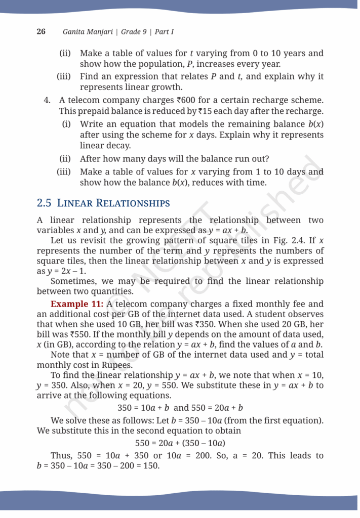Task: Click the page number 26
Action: (41, 31)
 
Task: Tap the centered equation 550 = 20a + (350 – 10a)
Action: (180, 443)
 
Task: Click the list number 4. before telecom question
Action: (48, 101)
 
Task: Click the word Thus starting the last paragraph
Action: (61, 455)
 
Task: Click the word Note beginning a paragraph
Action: (61, 355)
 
